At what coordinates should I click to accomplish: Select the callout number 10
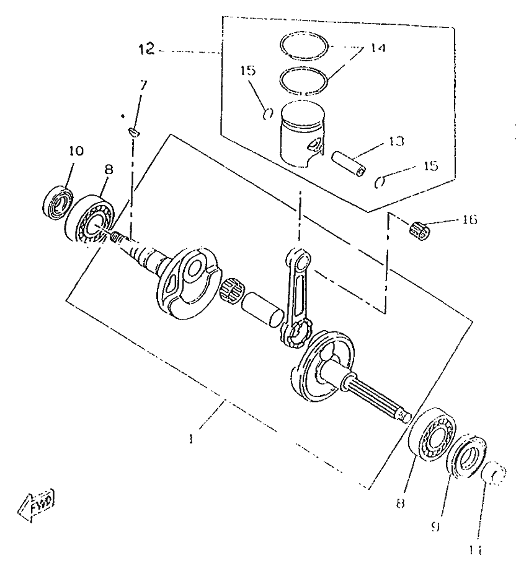76,151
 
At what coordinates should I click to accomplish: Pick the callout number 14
375,48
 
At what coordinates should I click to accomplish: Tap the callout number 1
192,439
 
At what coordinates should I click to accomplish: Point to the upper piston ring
305,45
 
